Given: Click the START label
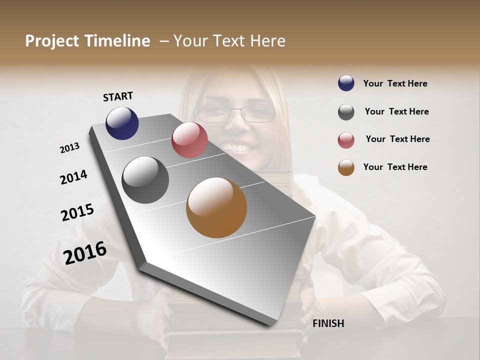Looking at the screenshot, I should pyautogui.click(x=118, y=96).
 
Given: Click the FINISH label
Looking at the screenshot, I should pyautogui.click(x=328, y=323).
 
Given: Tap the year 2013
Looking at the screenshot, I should pyautogui.click(x=69, y=148).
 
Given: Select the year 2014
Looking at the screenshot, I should pyautogui.click(x=73, y=177).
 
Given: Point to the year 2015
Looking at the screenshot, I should pyautogui.click(x=77, y=212).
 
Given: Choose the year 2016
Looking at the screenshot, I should pyautogui.click(x=85, y=253).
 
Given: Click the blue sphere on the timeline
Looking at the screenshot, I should pyautogui.click(x=122, y=123).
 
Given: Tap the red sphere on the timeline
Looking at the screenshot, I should pyautogui.click(x=189, y=140).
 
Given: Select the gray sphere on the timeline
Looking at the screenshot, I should pyautogui.click(x=145, y=180).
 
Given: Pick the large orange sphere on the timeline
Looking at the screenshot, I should pyautogui.click(x=216, y=207).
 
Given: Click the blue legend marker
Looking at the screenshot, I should pyautogui.click(x=346, y=83).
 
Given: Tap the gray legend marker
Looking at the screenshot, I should pyautogui.click(x=346, y=112).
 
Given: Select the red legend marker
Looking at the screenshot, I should pyautogui.click(x=346, y=140).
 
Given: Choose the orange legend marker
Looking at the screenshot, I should pyautogui.click(x=346, y=167).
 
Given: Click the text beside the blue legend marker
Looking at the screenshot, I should pyautogui.click(x=395, y=83).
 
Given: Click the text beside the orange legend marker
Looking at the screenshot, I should pyautogui.click(x=395, y=167).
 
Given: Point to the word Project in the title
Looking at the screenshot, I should pyautogui.click(x=52, y=41).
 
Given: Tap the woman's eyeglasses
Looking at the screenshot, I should pyautogui.click(x=236, y=113).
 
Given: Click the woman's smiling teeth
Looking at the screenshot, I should pyautogui.click(x=236, y=148).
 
